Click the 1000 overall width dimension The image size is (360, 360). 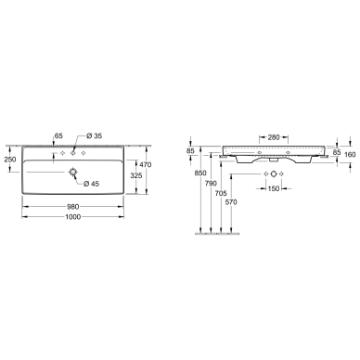(73, 217)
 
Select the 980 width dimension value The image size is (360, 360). (73, 206)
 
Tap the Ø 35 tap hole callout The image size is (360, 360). (94, 135)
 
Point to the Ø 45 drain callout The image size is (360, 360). (91, 184)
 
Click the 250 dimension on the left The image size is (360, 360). (10, 160)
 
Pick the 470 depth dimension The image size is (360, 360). (146, 165)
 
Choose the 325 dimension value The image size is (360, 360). (136, 175)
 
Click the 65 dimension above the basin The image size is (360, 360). (58, 135)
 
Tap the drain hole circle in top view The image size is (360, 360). (73, 172)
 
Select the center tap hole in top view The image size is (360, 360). (73, 153)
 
